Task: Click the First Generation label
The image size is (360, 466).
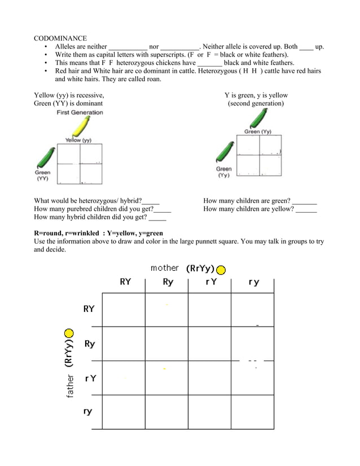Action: (x=80, y=112)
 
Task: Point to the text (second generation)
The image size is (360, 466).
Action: (x=256, y=104)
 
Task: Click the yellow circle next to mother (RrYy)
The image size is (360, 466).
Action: (x=221, y=270)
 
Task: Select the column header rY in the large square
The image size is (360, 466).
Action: (x=210, y=282)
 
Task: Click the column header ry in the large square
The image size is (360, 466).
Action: (x=253, y=282)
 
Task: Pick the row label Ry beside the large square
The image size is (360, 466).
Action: (x=89, y=344)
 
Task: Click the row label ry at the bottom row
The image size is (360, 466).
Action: (x=88, y=412)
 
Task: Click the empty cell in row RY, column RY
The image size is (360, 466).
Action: (x=124, y=310)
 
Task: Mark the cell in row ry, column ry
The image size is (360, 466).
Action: (x=252, y=412)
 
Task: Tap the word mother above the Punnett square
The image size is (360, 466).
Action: (x=164, y=268)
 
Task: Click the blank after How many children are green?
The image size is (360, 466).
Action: (x=304, y=200)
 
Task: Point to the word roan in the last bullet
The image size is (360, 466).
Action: (x=152, y=79)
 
